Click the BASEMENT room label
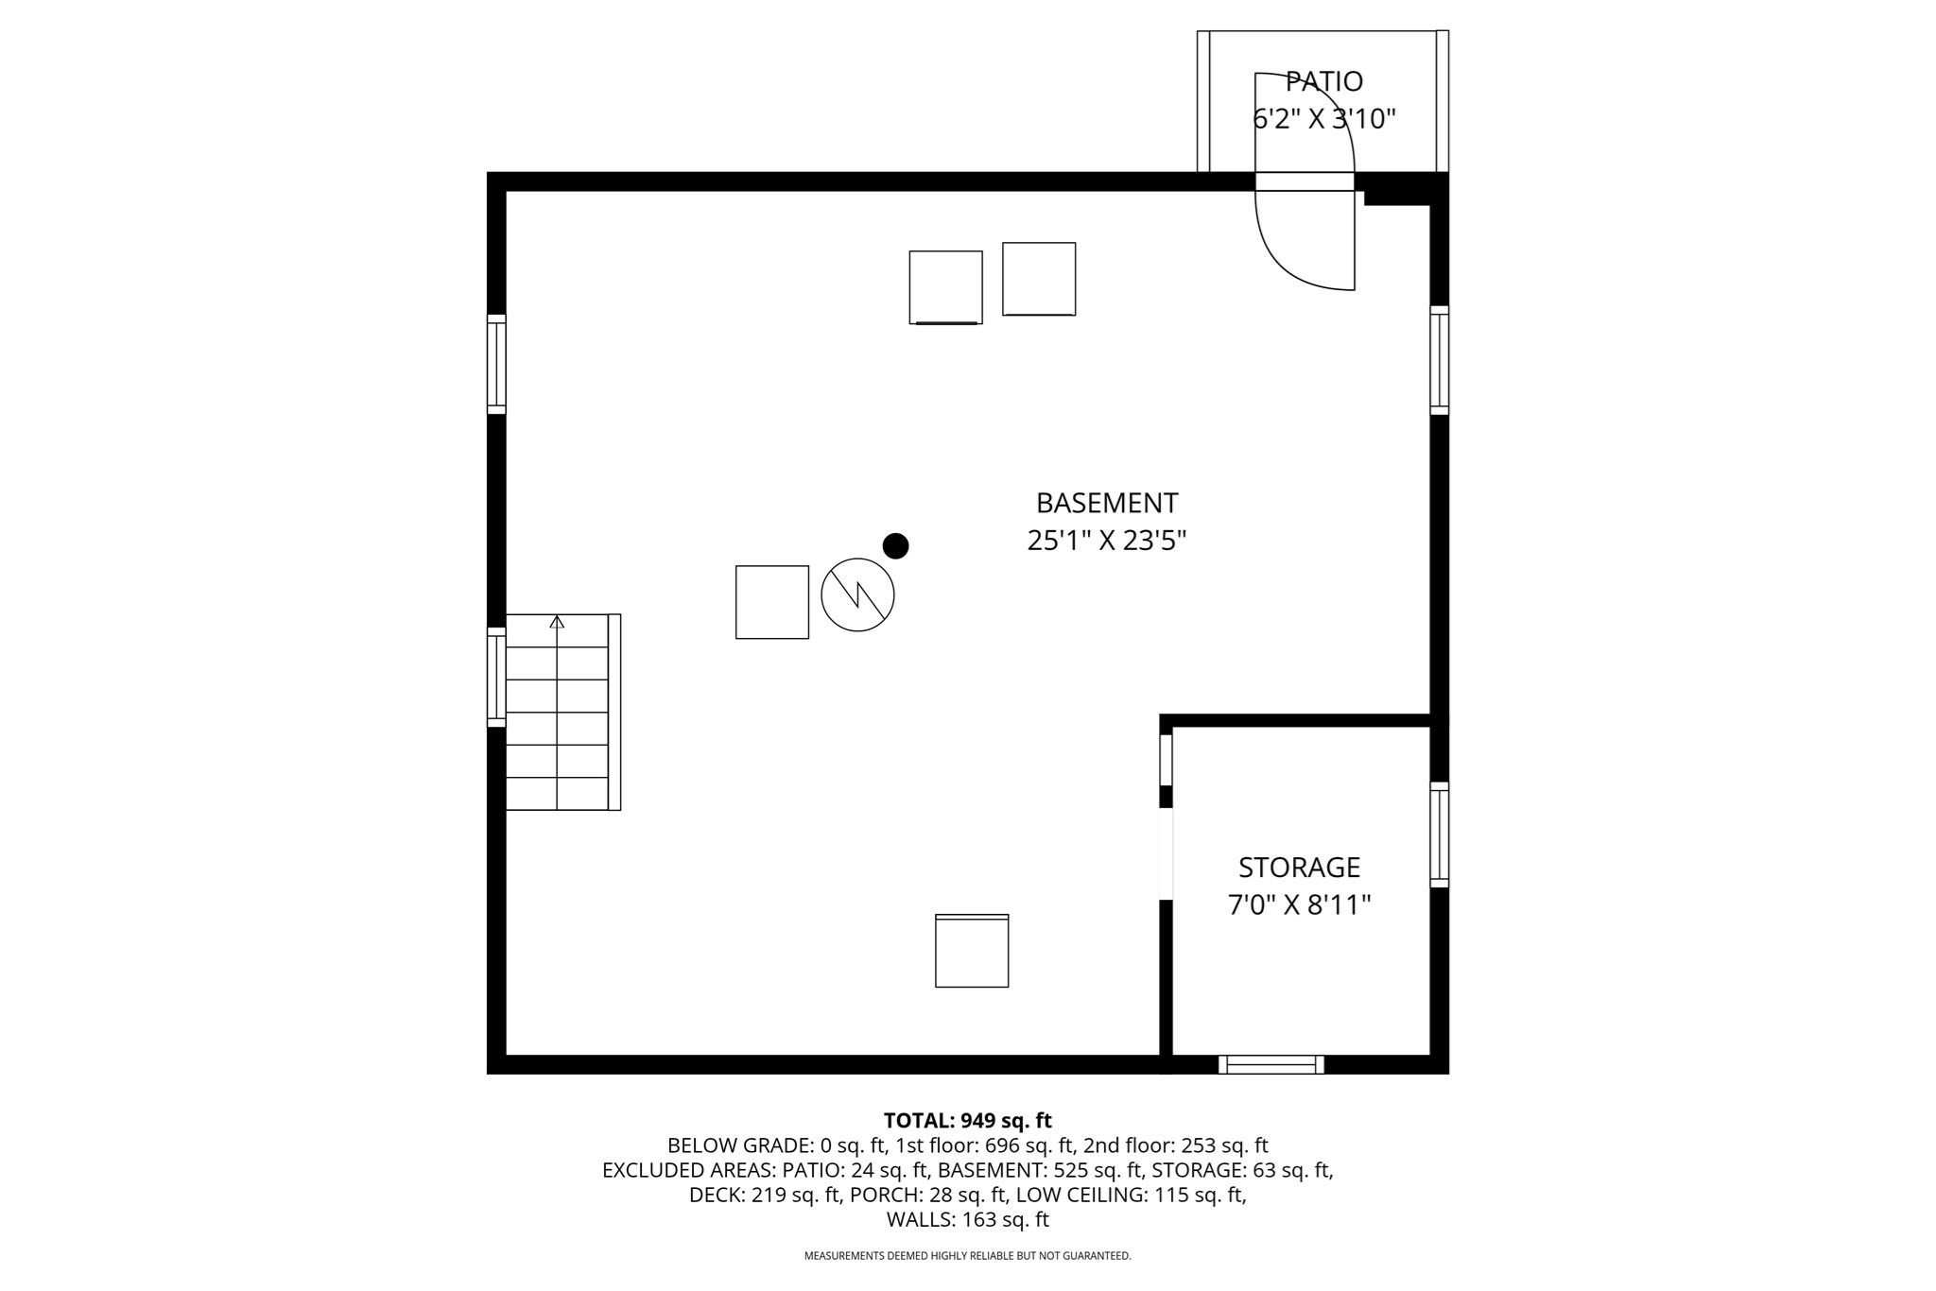tap(1106, 502)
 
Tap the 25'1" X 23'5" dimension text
tap(1106, 541)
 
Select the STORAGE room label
tap(1299, 867)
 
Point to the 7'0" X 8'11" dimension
tap(1299, 905)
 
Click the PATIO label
tap(1323, 81)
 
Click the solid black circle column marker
tap(895, 545)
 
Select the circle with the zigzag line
tap(857, 594)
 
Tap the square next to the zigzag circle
tap(771, 602)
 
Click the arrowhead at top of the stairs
tap(557, 621)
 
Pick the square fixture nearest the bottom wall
tap(972, 951)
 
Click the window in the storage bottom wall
tap(1270, 1064)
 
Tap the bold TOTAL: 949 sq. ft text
tap(967, 1121)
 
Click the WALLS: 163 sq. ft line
tap(967, 1219)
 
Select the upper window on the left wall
tap(496, 364)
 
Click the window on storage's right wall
tap(1439, 835)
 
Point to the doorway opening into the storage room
tap(1166, 853)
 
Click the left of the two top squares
tap(945, 287)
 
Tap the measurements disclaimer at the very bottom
tap(967, 1256)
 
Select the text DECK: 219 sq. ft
tap(764, 1195)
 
